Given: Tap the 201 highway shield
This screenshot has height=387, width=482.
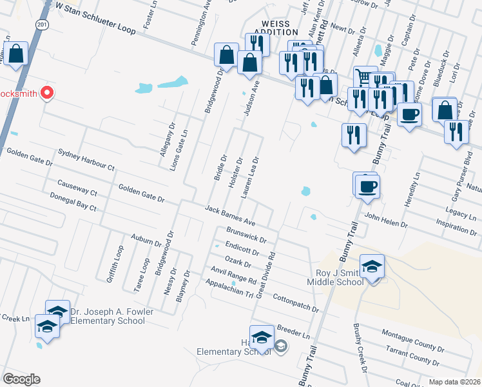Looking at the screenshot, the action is point(43,25).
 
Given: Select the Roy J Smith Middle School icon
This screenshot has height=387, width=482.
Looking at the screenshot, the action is point(372,268).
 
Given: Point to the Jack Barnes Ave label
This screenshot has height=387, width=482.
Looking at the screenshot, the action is point(231,216).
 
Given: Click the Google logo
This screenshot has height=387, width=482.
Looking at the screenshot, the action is point(21,379).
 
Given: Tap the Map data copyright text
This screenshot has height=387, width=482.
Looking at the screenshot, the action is point(454,382).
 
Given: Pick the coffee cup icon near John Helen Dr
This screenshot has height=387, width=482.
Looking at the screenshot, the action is point(368,186).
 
